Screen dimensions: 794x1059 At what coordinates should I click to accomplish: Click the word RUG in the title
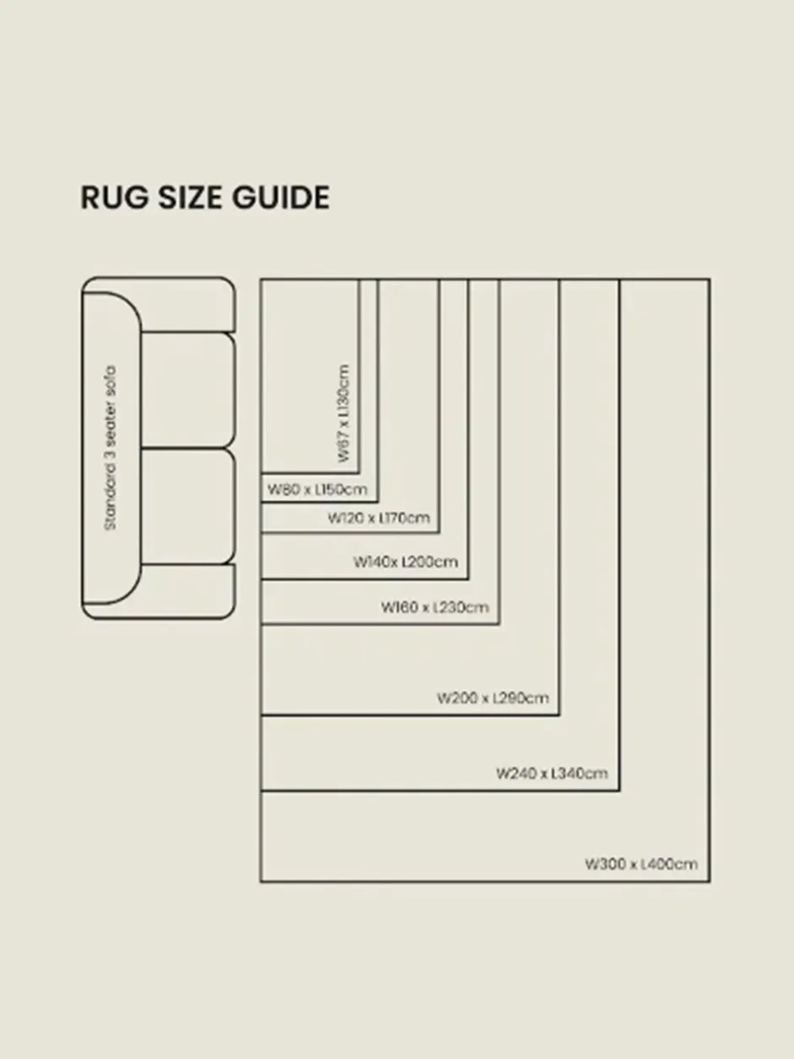pyautogui.click(x=115, y=198)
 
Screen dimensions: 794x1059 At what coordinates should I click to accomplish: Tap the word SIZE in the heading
pyautogui.click(x=191, y=198)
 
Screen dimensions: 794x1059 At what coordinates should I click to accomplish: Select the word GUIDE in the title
pyautogui.click(x=281, y=198)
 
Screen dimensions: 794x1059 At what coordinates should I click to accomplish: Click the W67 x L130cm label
pyautogui.click(x=344, y=414)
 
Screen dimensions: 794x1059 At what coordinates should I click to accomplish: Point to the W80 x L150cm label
pyautogui.click(x=318, y=489)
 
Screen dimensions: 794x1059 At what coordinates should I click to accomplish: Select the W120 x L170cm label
pyautogui.click(x=378, y=519)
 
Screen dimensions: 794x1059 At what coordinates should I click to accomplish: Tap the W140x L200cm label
pyautogui.click(x=405, y=562)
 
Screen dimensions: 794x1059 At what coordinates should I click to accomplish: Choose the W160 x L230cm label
pyautogui.click(x=435, y=607)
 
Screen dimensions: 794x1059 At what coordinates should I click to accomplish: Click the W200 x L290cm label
pyautogui.click(x=492, y=698)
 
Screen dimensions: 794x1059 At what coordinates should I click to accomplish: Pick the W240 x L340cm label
pyautogui.click(x=552, y=774)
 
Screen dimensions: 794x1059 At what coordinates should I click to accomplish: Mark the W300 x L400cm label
pyautogui.click(x=641, y=864)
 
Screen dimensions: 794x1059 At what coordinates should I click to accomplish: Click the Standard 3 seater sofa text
pyautogui.click(x=111, y=448)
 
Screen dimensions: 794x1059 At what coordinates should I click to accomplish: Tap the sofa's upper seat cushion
pyautogui.click(x=188, y=390)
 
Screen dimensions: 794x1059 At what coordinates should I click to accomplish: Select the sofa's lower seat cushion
pyautogui.click(x=188, y=506)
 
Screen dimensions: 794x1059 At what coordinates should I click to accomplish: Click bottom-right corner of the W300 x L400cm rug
pyautogui.click(x=710, y=882)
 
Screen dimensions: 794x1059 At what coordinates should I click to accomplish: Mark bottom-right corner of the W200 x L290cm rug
pyautogui.click(x=559, y=715)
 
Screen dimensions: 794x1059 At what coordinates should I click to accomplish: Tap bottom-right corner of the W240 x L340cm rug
pyautogui.click(x=620, y=790)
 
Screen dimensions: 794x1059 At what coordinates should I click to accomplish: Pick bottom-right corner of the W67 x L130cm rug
pyautogui.click(x=359, y=473)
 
